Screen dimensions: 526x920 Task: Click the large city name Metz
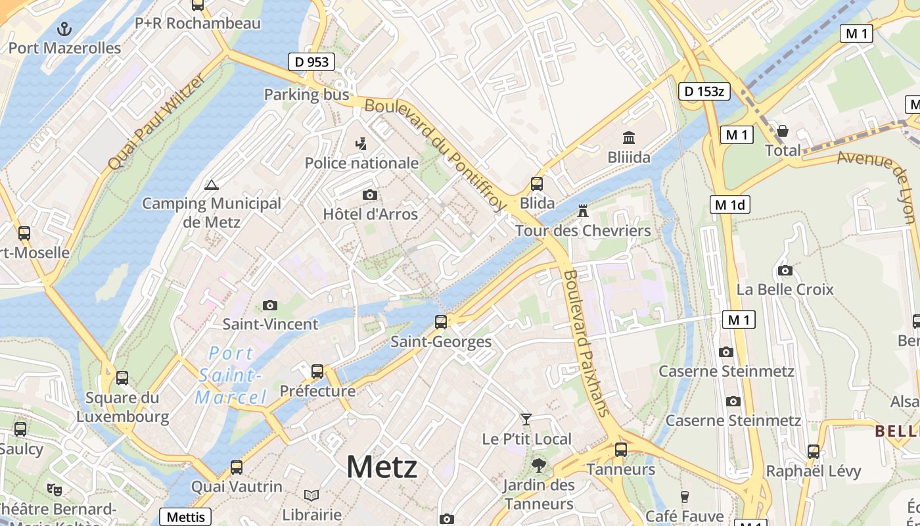click(x=382, y=467)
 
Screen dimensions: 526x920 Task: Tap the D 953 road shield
click(x=311, y=62)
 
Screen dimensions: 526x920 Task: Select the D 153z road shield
click(x=704, y=91)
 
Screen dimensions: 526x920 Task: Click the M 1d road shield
click(x=729, y=204)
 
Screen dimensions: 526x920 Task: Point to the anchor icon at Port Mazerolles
click(x=64, y=28)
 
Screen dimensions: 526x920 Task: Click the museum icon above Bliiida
click(x=629, y=138)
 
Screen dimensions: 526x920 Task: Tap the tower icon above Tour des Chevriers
click(x=582, y=211)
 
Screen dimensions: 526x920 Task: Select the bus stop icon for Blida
click(x=537, y=184)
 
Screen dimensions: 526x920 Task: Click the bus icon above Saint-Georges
click(x=441, y=322)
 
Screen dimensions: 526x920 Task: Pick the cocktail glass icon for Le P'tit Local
click(x=526, y=419)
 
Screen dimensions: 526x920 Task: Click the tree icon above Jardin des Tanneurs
click(x=538, y=466)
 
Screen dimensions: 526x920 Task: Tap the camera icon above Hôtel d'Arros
click(x=370, y=195)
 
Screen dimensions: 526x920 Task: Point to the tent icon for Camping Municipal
click(x=211, y=185)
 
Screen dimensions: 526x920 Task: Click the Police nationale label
click(x=361, y=162)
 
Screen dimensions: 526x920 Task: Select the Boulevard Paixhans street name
click(x=586, y=343)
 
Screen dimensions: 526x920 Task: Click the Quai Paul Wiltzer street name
click(x=156, y=122)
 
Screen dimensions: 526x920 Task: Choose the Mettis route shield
click(x=185, y=517)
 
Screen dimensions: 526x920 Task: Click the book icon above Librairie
click(x=311, y=495)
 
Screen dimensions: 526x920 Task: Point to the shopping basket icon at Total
click(x=783, y=131)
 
